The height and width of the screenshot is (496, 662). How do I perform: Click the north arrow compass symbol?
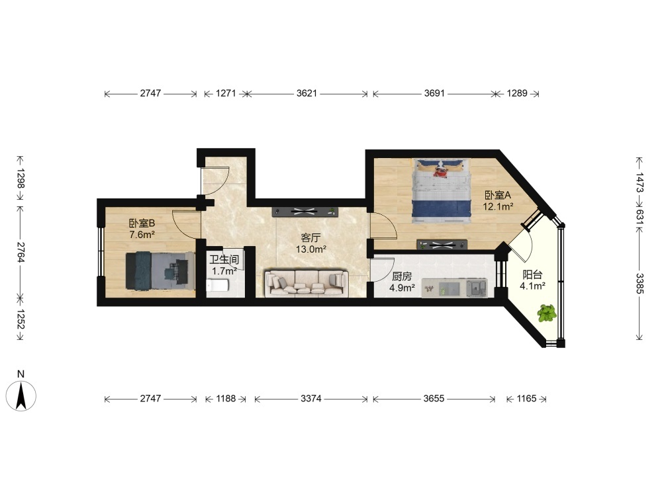(21, 395)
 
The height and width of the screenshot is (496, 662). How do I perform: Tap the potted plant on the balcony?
(547, 313)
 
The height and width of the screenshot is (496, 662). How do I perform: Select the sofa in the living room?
(307, 282)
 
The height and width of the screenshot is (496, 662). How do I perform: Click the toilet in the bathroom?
(217, 286)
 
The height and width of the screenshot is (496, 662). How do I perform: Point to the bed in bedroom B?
(160, 270)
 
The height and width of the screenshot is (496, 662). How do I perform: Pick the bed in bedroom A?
(442, 190)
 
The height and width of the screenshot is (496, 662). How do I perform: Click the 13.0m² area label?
(310, 249)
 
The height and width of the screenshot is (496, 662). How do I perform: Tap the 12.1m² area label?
(498, 206)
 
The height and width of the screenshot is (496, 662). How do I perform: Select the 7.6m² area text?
(142, 235)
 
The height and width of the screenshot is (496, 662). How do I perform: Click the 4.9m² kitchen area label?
(402, 288)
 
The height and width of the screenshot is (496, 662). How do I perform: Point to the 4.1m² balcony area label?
(532, 286)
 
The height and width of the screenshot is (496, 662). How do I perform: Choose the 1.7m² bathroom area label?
(224, 270)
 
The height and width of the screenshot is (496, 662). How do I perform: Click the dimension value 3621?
(307, 93)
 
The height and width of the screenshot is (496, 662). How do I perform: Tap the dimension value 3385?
(639, 284)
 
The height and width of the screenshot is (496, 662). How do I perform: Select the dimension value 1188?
(226, 399)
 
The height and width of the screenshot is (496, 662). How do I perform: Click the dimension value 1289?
(517, 93)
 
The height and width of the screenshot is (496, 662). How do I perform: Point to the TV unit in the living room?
(305, 212)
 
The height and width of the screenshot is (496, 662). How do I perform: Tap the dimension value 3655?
(434, 399)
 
